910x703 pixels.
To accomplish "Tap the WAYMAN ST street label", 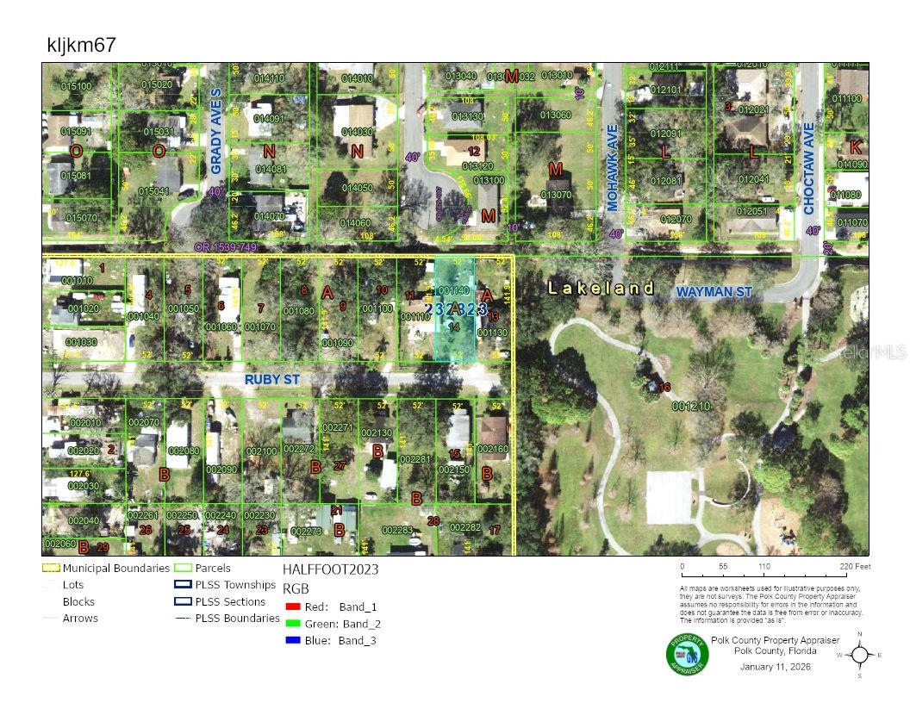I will point(714,293).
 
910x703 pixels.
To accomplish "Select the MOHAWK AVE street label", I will point(613,177).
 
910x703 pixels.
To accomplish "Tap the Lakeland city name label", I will point(601,289).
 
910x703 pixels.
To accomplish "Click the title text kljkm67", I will point(82,46).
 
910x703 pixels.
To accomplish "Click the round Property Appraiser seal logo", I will point(687,655).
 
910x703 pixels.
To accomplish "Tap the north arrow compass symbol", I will point(859,654).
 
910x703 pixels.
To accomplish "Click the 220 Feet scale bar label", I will point(858,567).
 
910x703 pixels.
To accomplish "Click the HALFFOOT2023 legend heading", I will point(330,569).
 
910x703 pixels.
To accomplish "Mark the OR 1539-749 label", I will point(227,246).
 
